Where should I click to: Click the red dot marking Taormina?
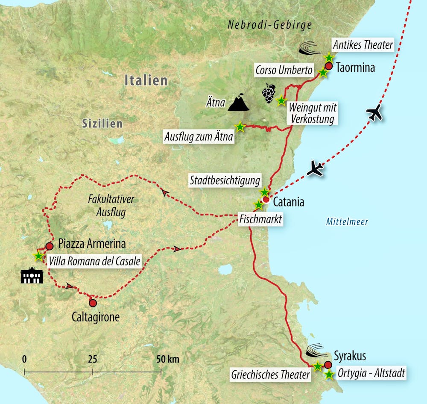328,66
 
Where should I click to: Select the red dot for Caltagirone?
93,303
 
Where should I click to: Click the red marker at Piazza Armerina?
49,246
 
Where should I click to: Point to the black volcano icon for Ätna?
238,103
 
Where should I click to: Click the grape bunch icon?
269,93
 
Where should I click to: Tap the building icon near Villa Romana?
32,276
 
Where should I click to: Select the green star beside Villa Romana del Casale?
38,256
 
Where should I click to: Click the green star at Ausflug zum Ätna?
240,127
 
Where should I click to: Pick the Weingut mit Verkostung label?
311,113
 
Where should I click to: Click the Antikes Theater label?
363,44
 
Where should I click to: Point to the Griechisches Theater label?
270,375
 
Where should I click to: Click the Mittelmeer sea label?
347,221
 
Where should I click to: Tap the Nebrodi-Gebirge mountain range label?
270,25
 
